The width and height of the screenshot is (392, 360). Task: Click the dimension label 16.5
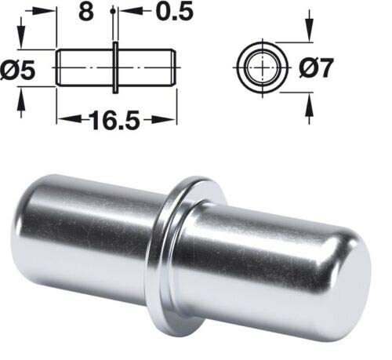pyautogui.click(x=114, y=120)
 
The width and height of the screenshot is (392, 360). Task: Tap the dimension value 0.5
pyautogui.click(x=175, y=12)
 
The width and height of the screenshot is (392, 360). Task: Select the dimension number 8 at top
pyautogui.click(x=86, y=12)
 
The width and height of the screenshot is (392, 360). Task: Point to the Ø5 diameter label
pyautogui.click(x=17, y=71)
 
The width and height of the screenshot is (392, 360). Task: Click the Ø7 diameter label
pyautogui.click(x=316, y=68)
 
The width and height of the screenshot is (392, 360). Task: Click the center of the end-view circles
pyautogui.click(x=262, y=67)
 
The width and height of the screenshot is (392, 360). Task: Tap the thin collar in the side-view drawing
pyautogui.click(x=115, y=67)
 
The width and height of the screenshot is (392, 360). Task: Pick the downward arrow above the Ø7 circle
pyautogui.click(x=309, y=26)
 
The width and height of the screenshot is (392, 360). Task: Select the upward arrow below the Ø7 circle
pyautogui.click(x=309, y=108)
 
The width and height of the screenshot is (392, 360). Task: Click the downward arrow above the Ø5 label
pyautogui.click(x=21, y=33)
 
